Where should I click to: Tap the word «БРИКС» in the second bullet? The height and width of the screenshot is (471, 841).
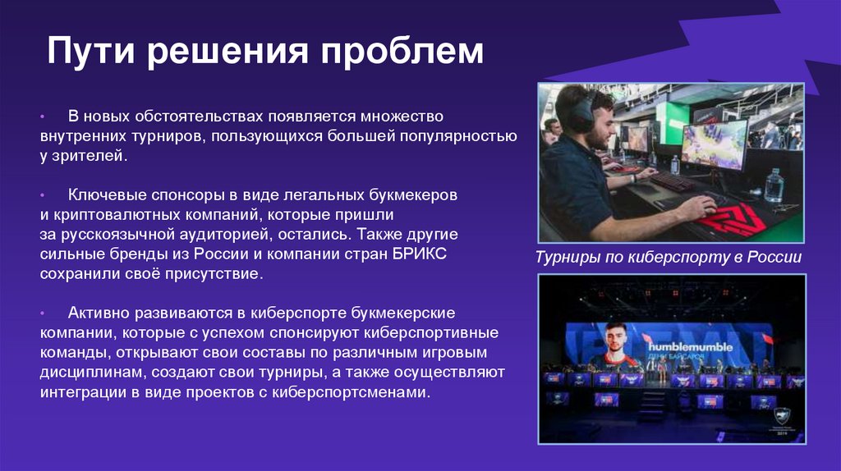click(x=418, y=254)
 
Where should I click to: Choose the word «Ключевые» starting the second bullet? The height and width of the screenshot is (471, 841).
click(x=103, y=196)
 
